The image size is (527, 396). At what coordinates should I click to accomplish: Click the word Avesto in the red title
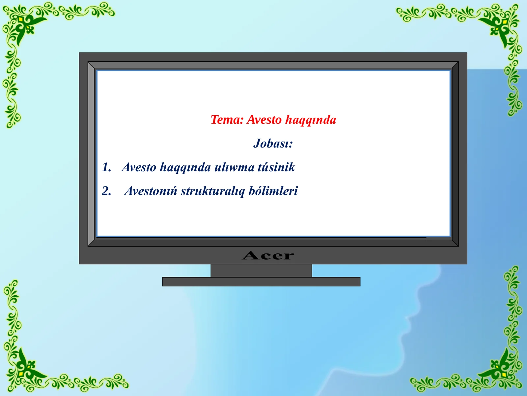click(x=264, y=120)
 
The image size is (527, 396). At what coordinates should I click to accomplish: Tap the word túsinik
click(x=276, y=167)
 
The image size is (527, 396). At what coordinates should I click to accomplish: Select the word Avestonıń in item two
click(x=151, y=191)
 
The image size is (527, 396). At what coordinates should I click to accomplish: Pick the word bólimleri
click(x=273, y=191)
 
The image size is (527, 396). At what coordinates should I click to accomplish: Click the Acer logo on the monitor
click(x=268, y=255)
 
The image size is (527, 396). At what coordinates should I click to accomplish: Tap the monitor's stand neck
click(x=261, y=271)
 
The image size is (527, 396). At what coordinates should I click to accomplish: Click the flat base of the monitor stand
click(x=261, y=281)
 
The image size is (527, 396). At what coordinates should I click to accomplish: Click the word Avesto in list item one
click(x=139, y=167)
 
